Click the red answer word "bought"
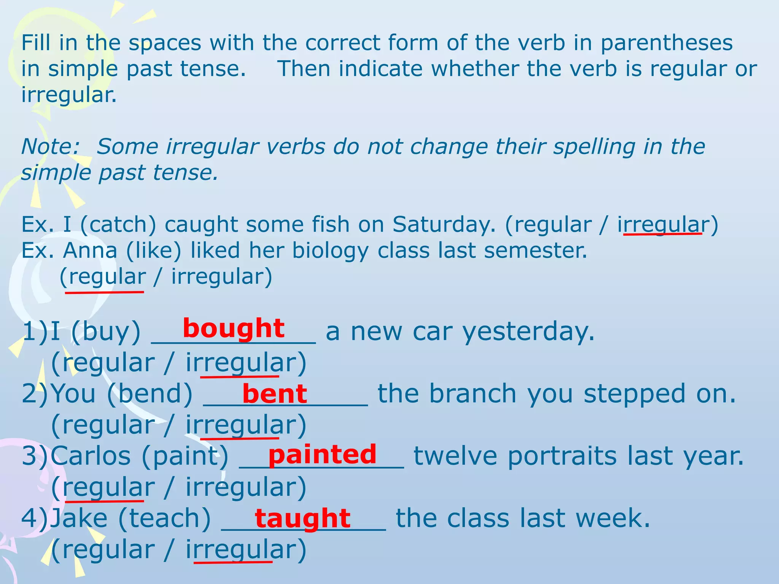(234, 328)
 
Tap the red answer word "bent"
(274, 394)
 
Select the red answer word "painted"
(322, 455)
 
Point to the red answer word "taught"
(302, 518)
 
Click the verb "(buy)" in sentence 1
(106, 332)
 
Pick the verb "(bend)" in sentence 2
(150, 394)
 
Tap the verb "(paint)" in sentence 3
(185, 456)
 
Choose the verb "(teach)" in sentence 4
(164, 518)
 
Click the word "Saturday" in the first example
(444, 224)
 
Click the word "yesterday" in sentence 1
(528, 332)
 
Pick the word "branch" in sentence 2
(473, 394)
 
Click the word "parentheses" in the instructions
(666, 43)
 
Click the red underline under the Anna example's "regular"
(105, 292)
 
